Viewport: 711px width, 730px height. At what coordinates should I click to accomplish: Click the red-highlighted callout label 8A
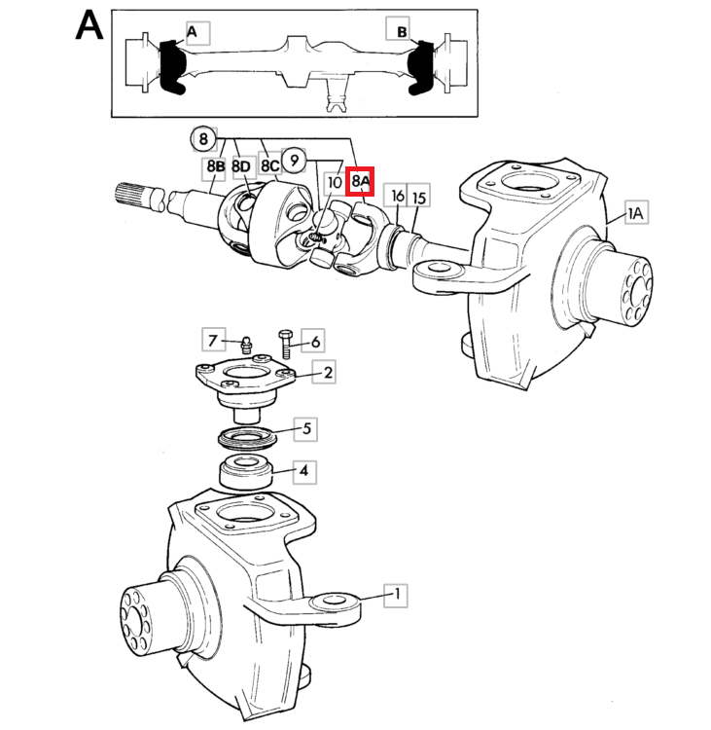point(361,181)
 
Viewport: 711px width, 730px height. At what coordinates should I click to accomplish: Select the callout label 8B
point(215,168)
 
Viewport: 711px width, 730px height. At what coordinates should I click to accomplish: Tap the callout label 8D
point(242,168)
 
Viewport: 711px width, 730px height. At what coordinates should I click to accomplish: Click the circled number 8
point(203,139)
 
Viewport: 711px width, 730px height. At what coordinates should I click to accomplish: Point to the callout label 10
point(334,182)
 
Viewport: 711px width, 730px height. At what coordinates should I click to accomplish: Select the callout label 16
point(397,196)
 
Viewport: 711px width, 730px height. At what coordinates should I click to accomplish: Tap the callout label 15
point(419,199)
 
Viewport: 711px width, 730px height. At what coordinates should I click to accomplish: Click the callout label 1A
point(635,213)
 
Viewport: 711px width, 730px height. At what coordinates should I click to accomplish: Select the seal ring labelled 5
point(246,434)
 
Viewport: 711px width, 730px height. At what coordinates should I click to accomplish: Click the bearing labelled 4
point(246,470)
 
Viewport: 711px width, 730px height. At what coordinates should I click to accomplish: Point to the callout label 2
point(329,372)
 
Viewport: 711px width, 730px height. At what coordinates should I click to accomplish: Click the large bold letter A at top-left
point(89,26)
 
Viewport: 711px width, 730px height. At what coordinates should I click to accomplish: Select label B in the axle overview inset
point(402,31)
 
